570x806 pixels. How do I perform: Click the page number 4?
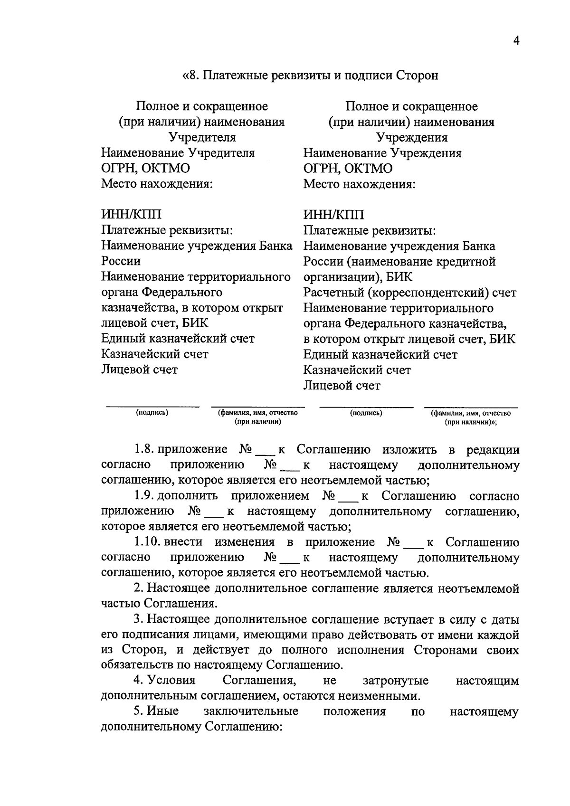(516, 41)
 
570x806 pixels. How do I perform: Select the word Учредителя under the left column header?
(202, 138)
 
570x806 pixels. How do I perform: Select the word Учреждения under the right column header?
(411, 138)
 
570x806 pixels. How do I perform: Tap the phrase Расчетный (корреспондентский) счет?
(409, 293)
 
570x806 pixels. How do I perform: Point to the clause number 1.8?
(143, 449)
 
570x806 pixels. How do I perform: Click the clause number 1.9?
(143, 496)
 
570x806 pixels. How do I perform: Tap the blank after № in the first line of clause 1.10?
(415, 544)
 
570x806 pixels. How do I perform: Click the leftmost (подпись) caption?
(152, 413)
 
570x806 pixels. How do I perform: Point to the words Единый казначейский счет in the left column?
(178, 339)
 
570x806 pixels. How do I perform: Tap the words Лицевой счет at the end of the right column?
(342, 385)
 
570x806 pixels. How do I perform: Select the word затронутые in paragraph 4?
(395, 681)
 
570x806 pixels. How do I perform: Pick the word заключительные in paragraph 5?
(251, 711)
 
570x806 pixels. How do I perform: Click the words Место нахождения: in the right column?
(360, 184)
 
